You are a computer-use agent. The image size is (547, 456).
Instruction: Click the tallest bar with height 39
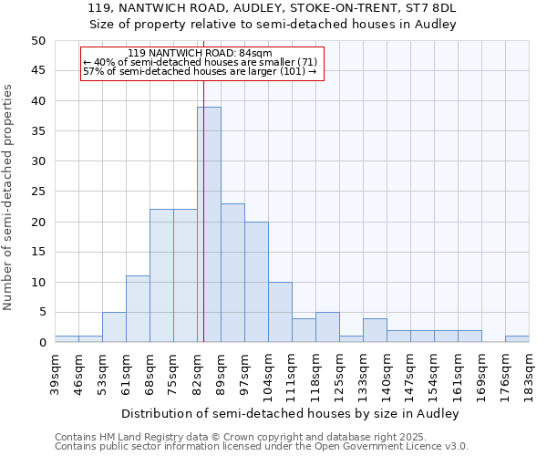pyautogui.click(x=209, y=224)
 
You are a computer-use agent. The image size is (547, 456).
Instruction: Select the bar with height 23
pyautogui.click(x=232, y=273)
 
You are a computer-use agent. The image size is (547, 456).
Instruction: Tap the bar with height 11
pyautogui.click(x=138, y=309)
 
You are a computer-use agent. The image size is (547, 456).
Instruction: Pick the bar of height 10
pyautogui.click(x=280, y=312)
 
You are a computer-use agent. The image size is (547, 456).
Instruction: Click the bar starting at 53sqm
pyautogui.click(x=114, y=327)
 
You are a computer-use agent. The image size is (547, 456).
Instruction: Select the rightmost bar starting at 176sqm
pyautogui.click(x=517, y=339)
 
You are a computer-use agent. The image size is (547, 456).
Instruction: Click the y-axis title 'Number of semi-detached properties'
pyautogui.click(x=9, y=197)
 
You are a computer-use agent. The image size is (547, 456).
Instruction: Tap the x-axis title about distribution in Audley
pyautogui.click(x=289, y=414)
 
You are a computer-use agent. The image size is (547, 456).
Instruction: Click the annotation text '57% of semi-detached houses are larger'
pyautogui.click(x=199, y=71)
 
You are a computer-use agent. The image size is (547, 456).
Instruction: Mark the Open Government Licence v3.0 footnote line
pyautogui.click(x=262, y=447)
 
